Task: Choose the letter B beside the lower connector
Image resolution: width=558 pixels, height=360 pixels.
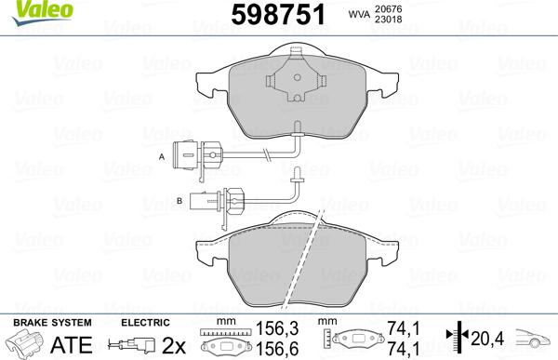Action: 179,200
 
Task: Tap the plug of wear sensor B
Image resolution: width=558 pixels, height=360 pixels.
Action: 206,196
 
